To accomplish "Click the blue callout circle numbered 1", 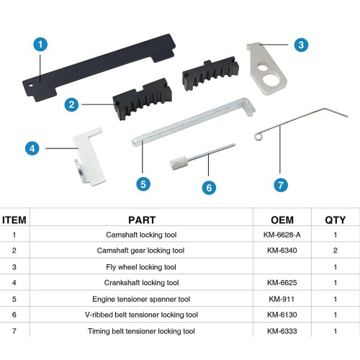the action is (40, 44).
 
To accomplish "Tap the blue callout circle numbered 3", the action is (301, 45).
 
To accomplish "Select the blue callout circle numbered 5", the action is (143, 184).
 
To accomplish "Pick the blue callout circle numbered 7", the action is (281, 185).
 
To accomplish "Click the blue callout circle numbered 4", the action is (32, 148).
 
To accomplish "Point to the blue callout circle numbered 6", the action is (209, 187).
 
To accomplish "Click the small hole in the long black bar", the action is (31, 85).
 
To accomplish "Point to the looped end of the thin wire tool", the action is (258, 136).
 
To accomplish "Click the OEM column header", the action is (282, 220).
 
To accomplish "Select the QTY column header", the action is (336, 220).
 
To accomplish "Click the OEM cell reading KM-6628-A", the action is (282, 235).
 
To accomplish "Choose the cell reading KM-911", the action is (282, 299).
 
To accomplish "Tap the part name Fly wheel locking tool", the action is (141, 267).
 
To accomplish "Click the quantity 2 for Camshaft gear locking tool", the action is (336, 251).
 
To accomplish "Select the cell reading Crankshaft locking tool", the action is (141, 283).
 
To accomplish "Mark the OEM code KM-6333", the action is (282, 331).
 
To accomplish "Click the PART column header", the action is (142, 220).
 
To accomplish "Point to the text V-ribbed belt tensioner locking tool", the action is (141, 315).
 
